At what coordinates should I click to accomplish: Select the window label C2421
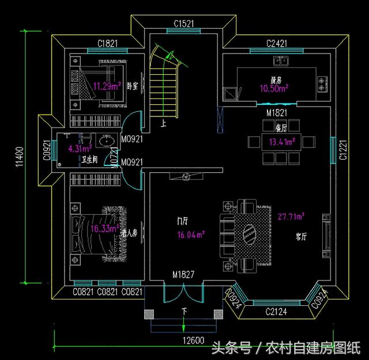[278, 43]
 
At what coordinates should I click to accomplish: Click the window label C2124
[276, 312]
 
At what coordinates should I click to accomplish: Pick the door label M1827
[184, 275]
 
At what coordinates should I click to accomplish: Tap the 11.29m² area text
[107, 87]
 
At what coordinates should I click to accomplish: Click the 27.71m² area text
[291, 217]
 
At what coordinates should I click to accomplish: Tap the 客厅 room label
[301, 236]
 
